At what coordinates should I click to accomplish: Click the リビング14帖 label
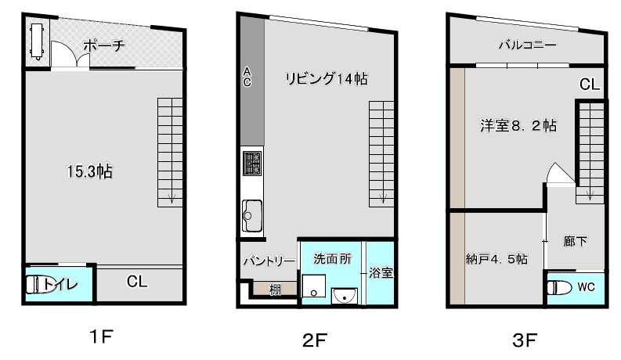[327, 78]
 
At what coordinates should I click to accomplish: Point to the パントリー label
[269, 260]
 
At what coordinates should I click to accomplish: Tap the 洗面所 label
[333, 258]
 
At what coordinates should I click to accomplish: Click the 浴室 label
[381, 273]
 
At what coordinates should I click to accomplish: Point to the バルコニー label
[528, 45]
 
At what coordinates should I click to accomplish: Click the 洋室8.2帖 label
[518, 125]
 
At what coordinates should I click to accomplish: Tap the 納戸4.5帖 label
[496, 259]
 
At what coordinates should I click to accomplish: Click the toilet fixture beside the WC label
[558, 287]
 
